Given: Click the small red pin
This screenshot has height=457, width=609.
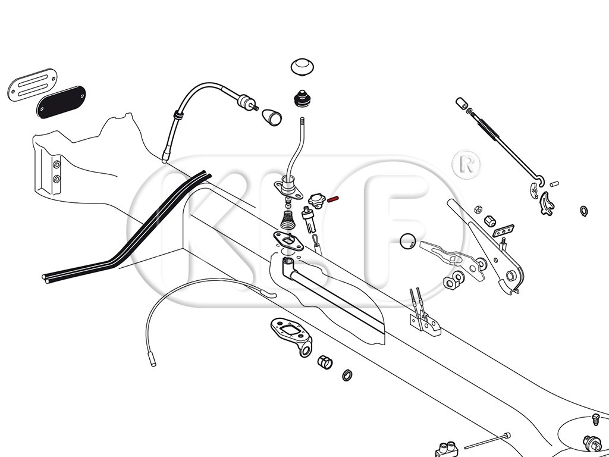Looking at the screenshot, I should pos(333,199).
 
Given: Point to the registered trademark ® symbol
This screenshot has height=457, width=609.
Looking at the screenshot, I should pos(466,164).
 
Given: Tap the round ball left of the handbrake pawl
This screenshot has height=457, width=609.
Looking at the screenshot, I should pos(408,240).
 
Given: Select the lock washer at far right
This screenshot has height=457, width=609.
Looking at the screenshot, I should pos(583,210).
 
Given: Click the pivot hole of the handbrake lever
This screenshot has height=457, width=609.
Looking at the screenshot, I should pos(510,276).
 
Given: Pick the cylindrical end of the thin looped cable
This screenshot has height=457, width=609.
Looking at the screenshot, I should pos(152,359).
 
